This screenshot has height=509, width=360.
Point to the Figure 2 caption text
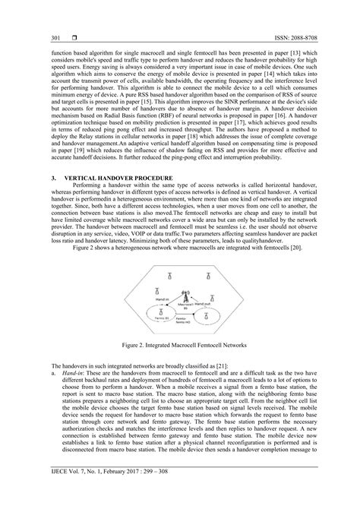(179, 344)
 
